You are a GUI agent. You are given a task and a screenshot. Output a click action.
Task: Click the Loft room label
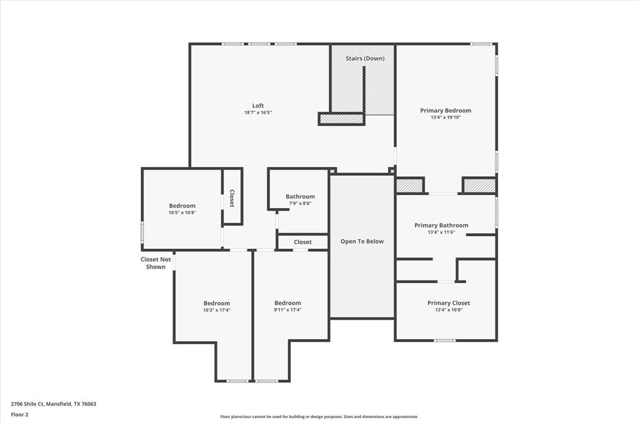tap(258, 105)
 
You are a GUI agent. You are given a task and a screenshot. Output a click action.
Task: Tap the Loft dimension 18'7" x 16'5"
tap(258, 112)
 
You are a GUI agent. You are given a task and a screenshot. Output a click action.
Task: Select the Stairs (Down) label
tap(365, 58)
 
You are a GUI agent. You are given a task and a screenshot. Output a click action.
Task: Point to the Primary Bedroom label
tap(445, 110)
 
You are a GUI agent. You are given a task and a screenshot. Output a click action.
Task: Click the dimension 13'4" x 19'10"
tap(445, 117)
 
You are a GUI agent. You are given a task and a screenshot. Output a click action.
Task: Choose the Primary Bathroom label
tap(441, 225)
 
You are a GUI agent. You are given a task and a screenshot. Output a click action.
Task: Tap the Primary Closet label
tap(449, 303)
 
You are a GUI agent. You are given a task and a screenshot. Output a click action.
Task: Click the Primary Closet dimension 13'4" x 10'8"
tap(449, 310)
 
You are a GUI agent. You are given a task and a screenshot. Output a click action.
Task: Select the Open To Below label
tap(362, 241)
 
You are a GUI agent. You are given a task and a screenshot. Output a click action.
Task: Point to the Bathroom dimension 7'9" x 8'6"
tap(300, 204)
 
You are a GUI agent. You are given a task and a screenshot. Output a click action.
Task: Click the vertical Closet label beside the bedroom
tap(232, 198)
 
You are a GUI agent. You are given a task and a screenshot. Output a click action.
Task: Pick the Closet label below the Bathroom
tap(303, 242)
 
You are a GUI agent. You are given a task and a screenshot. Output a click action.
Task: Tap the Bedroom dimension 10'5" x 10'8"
tap(183, 212)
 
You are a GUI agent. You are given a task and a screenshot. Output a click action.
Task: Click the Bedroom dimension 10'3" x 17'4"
tap(217, 310)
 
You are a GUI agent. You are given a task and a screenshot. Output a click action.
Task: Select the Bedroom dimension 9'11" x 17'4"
tap(288, 310)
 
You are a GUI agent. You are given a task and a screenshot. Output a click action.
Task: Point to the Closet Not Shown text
tap(156, 263)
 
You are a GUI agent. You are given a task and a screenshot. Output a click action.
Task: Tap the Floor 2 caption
tap(19, 415)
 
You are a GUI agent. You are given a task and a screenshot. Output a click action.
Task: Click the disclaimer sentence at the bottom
tap(319, 417)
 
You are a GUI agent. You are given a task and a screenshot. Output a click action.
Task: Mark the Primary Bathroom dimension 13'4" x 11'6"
tap(441, 232)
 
